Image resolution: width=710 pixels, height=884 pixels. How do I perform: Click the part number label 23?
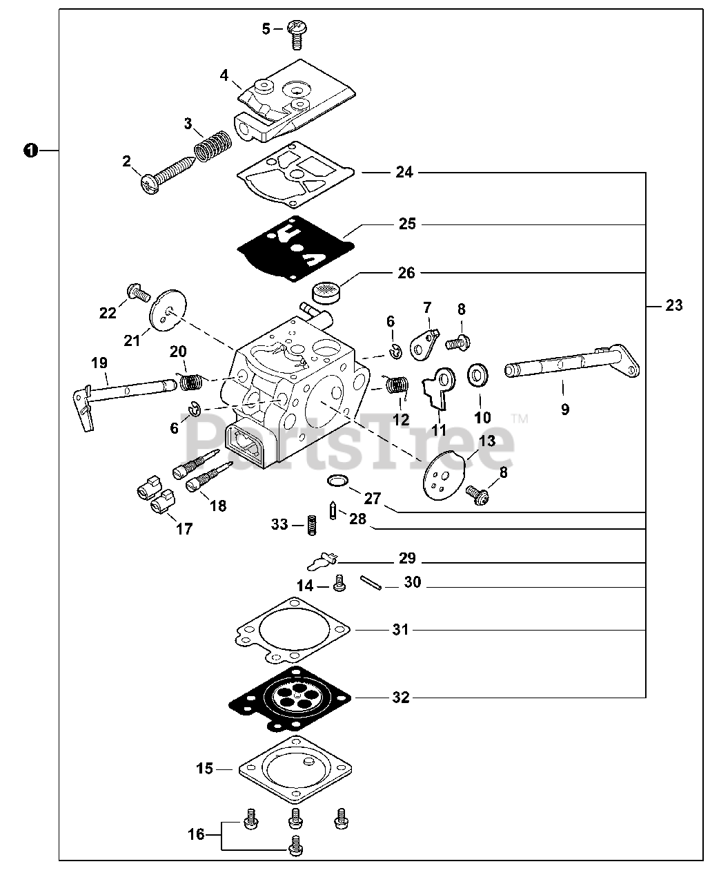point(673,305)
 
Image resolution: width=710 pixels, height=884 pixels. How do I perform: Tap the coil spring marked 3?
point(211,146)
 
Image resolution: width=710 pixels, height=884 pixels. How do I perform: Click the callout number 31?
point(400,630)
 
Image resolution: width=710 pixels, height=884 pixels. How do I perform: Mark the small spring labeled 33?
point(311,526)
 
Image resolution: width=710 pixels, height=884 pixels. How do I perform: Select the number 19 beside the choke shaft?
point(99,363)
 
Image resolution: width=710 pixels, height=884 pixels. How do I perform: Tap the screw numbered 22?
point(137,295)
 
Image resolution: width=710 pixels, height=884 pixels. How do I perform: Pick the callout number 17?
point(184,529)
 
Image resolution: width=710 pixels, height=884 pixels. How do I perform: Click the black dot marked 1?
point(30,150)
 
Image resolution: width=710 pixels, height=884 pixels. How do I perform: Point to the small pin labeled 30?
point(370,582)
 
